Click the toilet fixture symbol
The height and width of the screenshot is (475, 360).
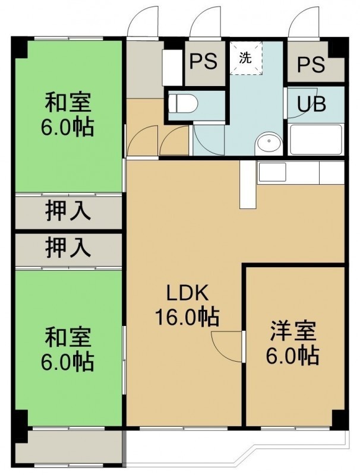point(182,103)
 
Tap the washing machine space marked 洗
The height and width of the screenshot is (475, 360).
point(245,58)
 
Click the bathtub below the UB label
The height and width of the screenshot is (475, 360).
point(316,140)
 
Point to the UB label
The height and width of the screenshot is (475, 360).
point(311,104)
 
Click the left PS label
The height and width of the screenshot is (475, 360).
point(203,62)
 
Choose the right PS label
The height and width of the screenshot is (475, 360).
point(311,65)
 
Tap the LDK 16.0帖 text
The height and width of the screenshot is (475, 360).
point(187,305)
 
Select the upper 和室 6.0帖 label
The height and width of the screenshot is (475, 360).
point(68,115)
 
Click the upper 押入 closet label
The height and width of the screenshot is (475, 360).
point(68,211)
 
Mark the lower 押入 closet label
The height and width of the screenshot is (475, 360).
point(68,248)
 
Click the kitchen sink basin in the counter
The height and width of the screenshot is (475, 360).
point(272,172)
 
